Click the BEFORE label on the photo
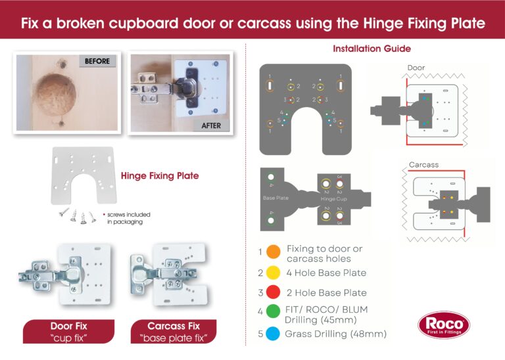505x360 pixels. pyautogui.click(x=97, y=61)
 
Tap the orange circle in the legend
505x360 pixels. pyautogui.click(x=274, y=252)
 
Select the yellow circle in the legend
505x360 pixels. pyautogui.click(x=274, y=273)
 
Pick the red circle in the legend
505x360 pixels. pyautogui.click(x=274, y=292)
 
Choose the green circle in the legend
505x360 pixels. pyautogui.click(x=274, y=313)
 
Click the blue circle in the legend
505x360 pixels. pyautogui.click(x=274, y=334)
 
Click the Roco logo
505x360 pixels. pyautogui.click(x=444, y=326)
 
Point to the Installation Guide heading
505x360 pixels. pyautogui.click(x=372, y=49)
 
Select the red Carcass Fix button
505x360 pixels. pyautogui.click(x=174, y=331)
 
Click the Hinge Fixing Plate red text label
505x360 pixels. pyautogui.click(x=159, y=176)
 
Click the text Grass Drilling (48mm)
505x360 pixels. pyautogui.click(x=335, y=334)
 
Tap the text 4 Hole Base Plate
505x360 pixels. pyautogui.click(x=326, y=273)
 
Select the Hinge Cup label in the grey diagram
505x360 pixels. pyautogui.click(x=333, y=198)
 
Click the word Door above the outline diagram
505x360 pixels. pyautogui.click(x=416, y=68)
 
